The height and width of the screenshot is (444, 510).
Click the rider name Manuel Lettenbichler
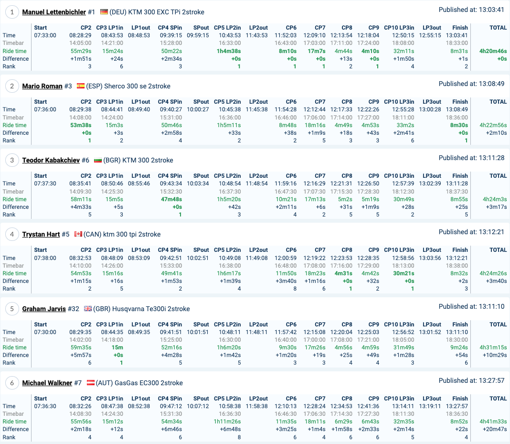(x=54, y=12)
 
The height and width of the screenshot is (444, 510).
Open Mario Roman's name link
(x=42, y=86)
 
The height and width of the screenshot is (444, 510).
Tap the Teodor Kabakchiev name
(x=51, y=160)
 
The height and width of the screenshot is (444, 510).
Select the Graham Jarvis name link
(x=44, y=309)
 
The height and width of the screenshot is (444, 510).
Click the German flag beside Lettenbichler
(x=104, y=12)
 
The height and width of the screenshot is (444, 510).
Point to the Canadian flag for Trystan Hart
(x=78, y=234)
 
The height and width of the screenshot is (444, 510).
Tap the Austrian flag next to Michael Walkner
(x=90, y=383)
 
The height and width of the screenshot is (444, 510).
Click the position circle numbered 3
(x=12, y=160)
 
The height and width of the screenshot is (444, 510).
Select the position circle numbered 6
(x=12, y=383)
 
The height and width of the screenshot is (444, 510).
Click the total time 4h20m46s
(x=493, y=51)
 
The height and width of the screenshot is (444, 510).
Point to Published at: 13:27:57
(x=471, y=380)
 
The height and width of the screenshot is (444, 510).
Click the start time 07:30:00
(x=45, y=332)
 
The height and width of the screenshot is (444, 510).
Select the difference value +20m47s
(x=494, y=429)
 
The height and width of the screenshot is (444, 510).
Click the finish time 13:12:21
(x=457, y=258)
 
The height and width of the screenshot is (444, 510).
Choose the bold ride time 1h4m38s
(x=229, y=51)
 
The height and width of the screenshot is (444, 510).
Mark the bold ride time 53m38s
(x=80, y=125)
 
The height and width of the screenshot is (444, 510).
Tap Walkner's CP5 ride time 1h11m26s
(x=228, y=422)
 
